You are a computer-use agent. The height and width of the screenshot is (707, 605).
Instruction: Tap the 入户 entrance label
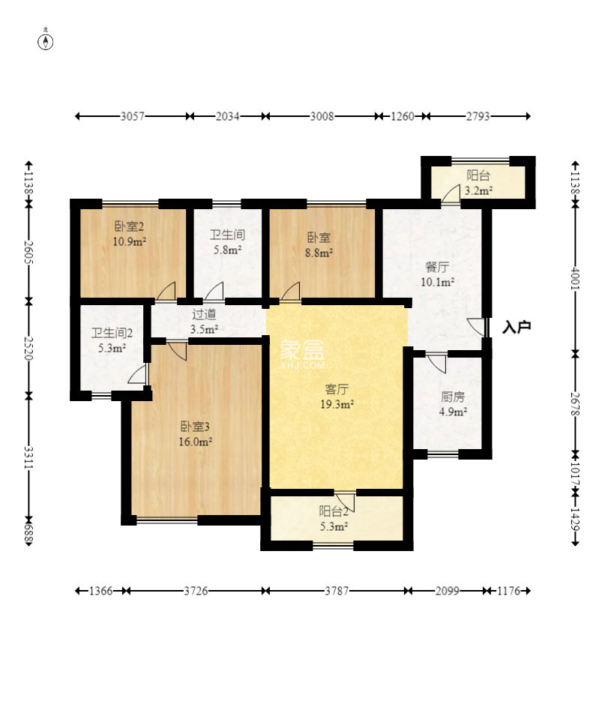click(x=517, y=327)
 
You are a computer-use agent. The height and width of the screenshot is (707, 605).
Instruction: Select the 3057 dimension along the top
click(x=133, y=116)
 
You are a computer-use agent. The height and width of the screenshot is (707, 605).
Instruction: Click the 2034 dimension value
click(x=227, y=116)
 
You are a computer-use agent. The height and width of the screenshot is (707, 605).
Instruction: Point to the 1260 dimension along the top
click(x=402, y=116)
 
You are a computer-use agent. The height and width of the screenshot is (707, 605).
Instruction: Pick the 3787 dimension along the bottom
click(x=337, y=591)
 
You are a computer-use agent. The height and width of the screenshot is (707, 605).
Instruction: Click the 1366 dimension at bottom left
click(x=100, y=591)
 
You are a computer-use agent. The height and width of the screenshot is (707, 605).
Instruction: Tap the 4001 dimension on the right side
click(x=576, y=278)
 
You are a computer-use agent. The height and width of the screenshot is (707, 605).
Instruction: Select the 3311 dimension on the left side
click(x=28, y=457)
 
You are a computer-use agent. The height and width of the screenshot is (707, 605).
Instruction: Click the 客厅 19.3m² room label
click(x=337, y=397)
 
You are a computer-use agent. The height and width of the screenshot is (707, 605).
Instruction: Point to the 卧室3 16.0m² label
click(x=195, y=434)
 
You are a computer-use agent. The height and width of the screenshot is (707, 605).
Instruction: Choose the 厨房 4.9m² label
click(x=453, y=404)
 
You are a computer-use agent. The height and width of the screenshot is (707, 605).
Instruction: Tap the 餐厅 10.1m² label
click(x=437, y=274)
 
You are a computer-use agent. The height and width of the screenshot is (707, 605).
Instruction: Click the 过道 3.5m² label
click(x=204, y=322)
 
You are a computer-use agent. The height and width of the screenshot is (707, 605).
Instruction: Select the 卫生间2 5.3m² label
click(x=112, y=340)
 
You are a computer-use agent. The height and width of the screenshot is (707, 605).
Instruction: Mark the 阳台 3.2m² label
click(x=478, y=183)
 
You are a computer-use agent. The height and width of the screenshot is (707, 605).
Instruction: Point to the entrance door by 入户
click(x=476, y=326)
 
